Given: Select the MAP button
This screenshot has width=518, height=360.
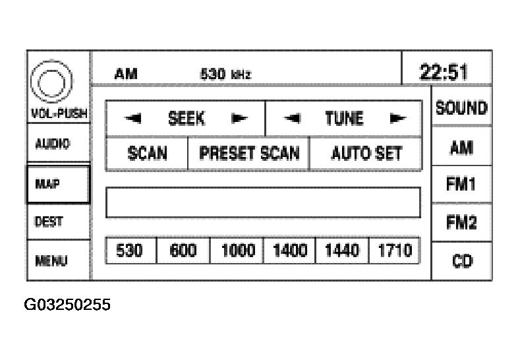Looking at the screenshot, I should (58, 184).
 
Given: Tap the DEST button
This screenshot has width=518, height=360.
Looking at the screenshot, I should (58, 222).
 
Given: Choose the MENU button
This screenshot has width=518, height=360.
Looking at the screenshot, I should (58, 260).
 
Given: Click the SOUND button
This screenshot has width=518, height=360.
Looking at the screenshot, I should (461, 108).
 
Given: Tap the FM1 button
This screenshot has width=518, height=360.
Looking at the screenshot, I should (461, 185).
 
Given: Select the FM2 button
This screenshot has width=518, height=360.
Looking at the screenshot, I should (461, 223).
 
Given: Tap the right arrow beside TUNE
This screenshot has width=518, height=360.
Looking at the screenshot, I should (397, 119).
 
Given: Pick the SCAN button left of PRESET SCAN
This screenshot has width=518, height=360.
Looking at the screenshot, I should (147, 154).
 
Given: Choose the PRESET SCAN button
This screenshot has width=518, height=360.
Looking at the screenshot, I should (249, 154).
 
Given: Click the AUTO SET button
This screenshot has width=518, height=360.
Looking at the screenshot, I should (366, 154).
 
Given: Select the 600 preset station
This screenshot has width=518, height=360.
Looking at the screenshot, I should (183, 251).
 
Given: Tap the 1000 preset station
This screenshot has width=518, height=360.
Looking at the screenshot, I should (237, 251).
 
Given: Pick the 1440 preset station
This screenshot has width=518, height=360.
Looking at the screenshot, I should (342, 251).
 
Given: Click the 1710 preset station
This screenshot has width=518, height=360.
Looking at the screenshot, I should (394, 251).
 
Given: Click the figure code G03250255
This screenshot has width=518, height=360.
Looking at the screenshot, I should (68, 305).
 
